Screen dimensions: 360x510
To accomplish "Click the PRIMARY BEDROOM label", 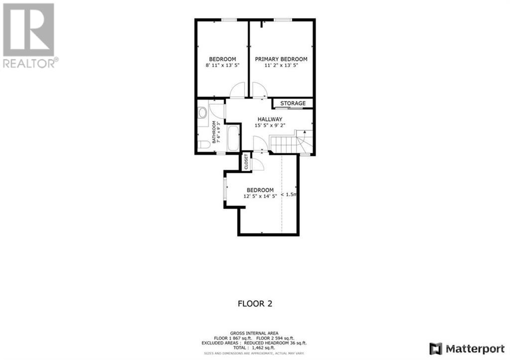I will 281,59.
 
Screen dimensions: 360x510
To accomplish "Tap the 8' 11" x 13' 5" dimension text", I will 222,65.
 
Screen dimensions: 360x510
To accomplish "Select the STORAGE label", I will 293,104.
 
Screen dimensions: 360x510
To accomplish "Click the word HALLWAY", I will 270,120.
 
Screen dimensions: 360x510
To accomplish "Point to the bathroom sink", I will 202,113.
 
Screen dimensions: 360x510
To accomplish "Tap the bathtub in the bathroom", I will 233,138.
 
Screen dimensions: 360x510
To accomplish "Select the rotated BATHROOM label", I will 216,132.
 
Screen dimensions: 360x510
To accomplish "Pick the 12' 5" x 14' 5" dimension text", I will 260,196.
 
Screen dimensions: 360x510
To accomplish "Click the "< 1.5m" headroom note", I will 289,195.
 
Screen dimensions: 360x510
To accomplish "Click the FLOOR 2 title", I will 255,303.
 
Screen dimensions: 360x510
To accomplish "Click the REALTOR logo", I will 29,35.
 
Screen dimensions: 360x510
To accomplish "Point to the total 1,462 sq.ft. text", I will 255,348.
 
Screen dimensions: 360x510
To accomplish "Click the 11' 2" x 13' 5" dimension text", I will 281,65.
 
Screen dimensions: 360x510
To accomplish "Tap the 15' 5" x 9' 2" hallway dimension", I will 270,125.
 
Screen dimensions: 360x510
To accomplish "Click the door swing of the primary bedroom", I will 259,90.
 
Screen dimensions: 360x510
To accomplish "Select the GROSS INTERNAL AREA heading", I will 255,333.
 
